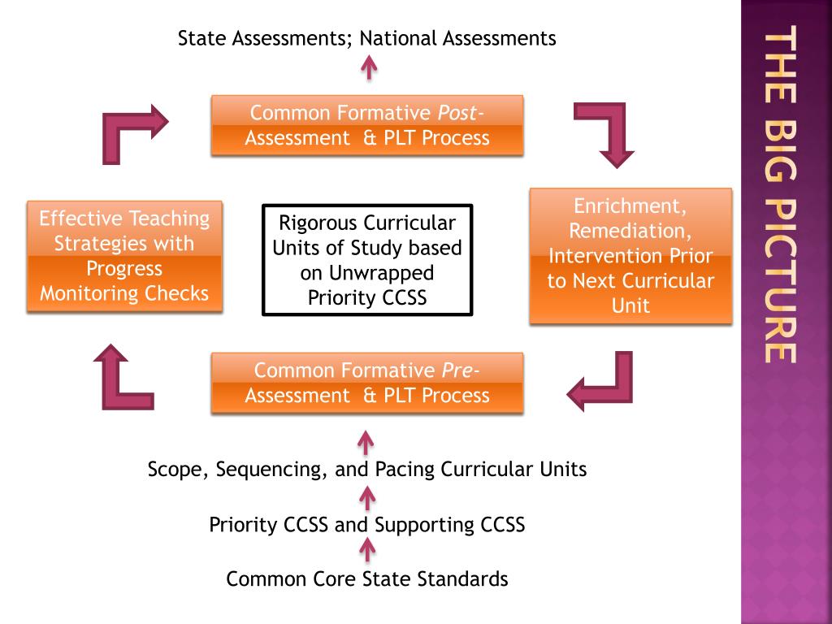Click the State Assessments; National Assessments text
click(x=367, y=37)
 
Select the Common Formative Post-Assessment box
click(x=367, y=125)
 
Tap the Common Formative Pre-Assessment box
click(x=367, y=383)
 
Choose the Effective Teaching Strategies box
click(x=124, y=256)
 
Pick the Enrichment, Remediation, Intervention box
click(x=630, y=256)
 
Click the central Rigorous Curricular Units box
click(x=367, y=260)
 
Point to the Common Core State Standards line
click(x=367, y=579)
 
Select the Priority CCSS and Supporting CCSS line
click(x=367, y=524)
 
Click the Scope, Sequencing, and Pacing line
click(x=367, y=469)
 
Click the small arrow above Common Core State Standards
click(x=367, y=552)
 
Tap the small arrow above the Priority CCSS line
click(x=367, y=496)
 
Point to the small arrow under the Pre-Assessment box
click(x=366, y=443)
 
